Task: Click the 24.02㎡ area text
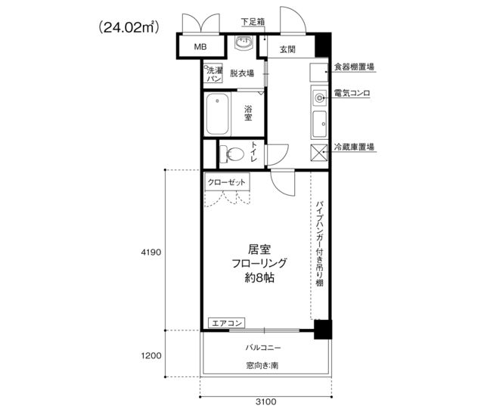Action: (x=129, y=27)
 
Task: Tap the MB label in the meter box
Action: (x=200, y=47)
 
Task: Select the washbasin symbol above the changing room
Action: (x=244, y=42)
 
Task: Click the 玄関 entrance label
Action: (x=287, y=49)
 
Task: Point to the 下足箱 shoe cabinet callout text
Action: (x=253, y=22)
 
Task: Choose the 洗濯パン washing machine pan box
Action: (x=213, y=73)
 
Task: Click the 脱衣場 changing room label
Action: (x=242, y=73)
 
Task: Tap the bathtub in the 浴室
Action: (x=218, y=114)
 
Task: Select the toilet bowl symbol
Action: (x=232, y=153)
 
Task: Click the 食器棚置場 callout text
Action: (x=355, y=67)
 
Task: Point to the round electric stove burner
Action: (x=319, y=98)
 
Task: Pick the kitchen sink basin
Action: (x=319, y=124)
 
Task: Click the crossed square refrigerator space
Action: (x=319, y=153)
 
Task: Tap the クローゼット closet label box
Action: (x=227, y=182)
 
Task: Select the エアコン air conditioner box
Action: (x=227, y=323)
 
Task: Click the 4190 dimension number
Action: (x=151, y=252)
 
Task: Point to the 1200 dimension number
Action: (x=151, y=355)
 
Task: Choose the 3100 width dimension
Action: (x=266, y=401)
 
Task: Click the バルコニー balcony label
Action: (x=263, y=348)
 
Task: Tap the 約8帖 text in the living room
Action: (x=259, y=278)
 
